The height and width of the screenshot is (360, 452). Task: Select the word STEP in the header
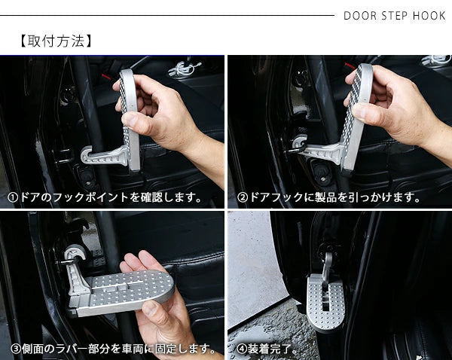395,16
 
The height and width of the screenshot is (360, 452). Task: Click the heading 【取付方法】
56,41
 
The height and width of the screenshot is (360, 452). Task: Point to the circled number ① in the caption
13,198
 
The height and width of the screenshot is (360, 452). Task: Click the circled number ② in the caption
242,198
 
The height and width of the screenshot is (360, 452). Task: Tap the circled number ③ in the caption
16,349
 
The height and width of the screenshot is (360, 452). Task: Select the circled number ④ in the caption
242,349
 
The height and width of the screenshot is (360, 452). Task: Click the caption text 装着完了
269,349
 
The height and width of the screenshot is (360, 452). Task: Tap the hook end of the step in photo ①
87,156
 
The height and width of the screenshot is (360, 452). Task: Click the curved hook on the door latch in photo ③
75,254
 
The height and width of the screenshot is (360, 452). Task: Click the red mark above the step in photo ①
105,77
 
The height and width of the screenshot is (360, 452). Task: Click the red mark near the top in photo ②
350,66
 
